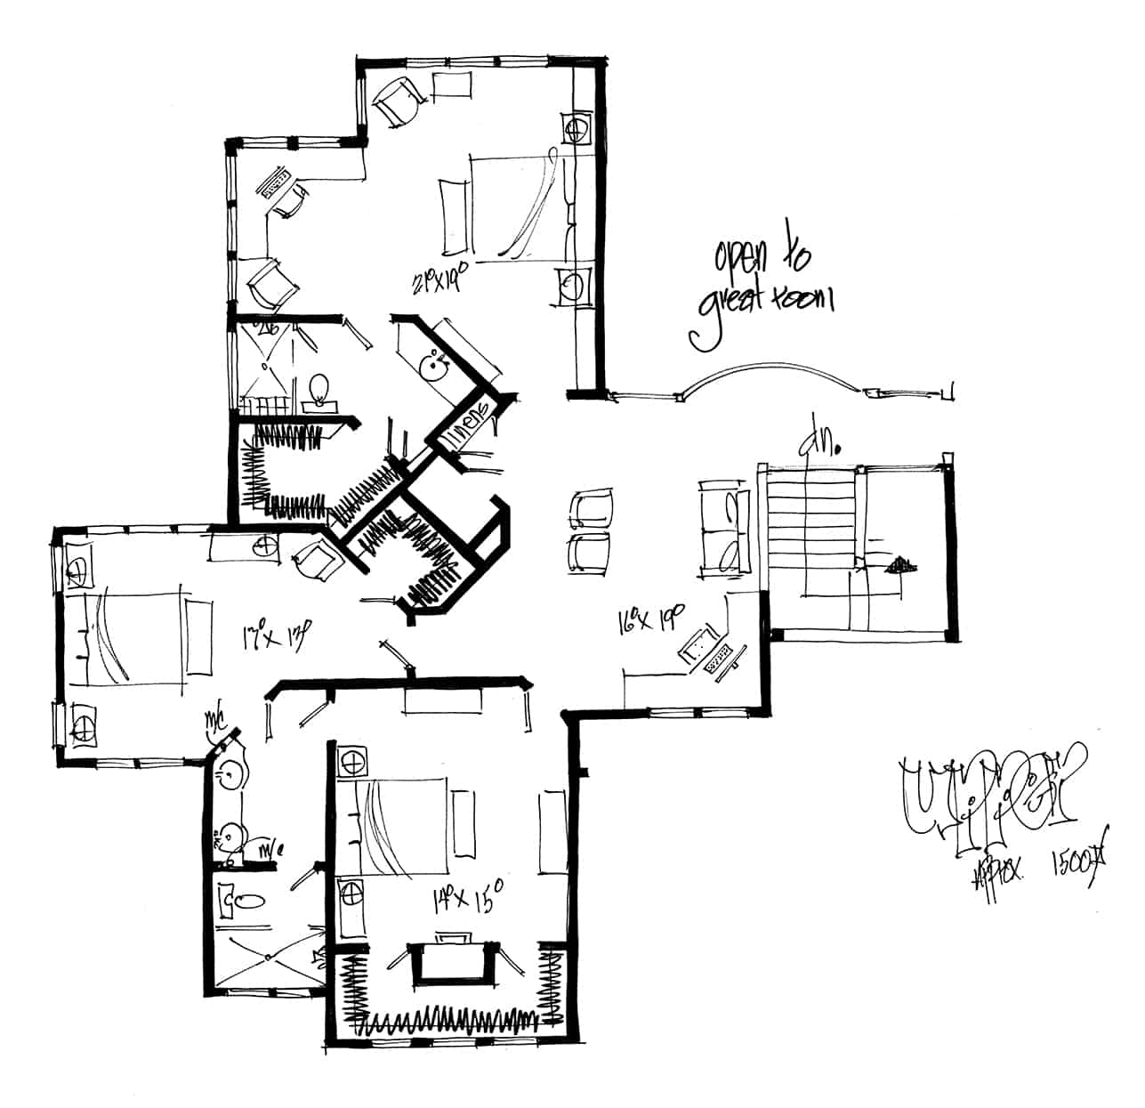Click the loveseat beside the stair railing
tap(722, 526)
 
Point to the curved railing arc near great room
tap(770, 371)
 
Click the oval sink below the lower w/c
tap(243, 901)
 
